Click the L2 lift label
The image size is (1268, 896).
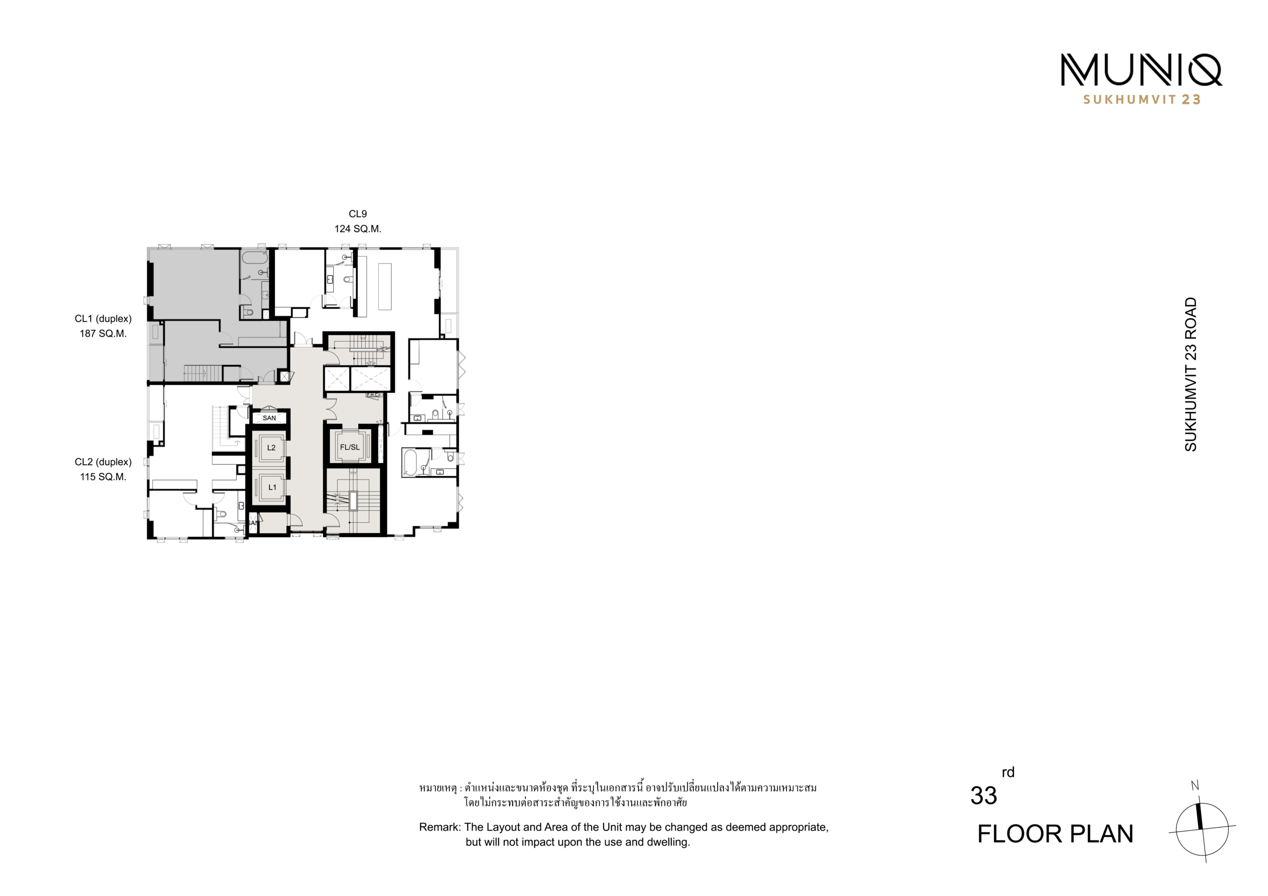click(x=271, y=448)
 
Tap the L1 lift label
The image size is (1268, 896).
click(x=272, y=488)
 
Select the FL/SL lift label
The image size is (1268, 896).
click(x=350, y=447)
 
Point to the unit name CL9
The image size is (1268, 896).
click(x=358, y=214)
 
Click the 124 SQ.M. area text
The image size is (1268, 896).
click(x=358, y=229)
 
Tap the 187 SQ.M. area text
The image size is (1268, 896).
click(x=104, y=334)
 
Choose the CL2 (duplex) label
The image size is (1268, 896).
click(x=104, y=462)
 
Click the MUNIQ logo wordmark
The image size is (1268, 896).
click(x=1141, y=70)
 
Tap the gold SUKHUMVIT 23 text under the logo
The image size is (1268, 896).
click(x=1142, y=100)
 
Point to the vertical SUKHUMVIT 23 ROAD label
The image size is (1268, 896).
click(x=1191, y=374)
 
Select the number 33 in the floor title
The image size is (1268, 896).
click(x=984, y=796)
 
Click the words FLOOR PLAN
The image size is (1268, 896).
click(x=1056, y=834)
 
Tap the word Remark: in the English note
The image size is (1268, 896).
click(x=440, y=827)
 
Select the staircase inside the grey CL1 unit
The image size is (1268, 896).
click(x=202, y=373)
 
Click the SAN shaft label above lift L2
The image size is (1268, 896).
click(x=269, y=418)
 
